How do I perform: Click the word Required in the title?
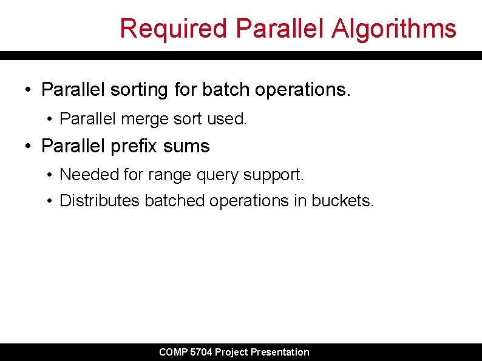[174, 29]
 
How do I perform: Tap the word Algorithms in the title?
[393, 29]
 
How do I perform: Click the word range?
[164, 175]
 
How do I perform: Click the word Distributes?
[100, 201]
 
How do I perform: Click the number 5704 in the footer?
[201, 352]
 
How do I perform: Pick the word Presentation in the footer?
[280, 352]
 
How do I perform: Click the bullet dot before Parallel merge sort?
[49, 120]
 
